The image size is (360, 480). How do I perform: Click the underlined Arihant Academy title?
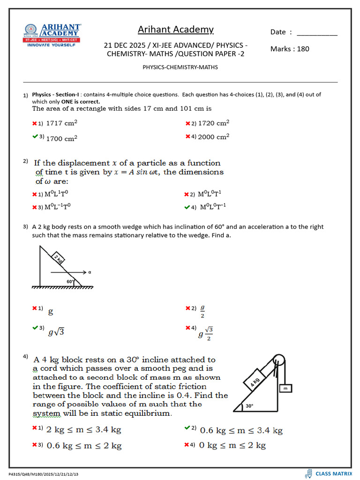click(175, 30)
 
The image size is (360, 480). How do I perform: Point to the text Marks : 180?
click(290, 49)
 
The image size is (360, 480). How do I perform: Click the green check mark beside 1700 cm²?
click(35, 136)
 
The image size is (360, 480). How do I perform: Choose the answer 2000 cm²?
click(213, 137)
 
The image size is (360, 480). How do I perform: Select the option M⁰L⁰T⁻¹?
click(216, 207)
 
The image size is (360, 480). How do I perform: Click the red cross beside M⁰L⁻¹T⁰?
click(35, 207)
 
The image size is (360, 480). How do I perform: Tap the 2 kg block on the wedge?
click(58, 258)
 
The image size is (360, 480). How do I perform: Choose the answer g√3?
click(56, 332)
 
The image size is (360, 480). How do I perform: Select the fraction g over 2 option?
click(202, 311)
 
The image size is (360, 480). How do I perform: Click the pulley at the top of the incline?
click(278, 360)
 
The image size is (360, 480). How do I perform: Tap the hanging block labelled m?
click(285, 388)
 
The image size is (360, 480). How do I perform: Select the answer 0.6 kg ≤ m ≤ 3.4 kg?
click(241, 430)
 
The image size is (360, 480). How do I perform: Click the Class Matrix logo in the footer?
click(328, 473)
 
